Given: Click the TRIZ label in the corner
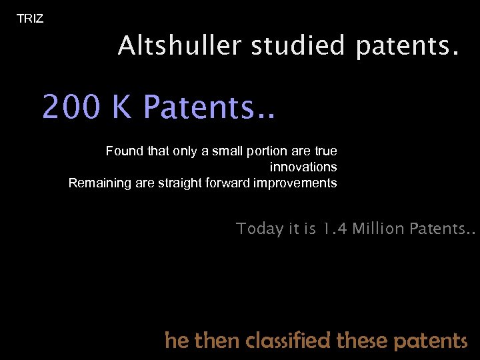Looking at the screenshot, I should (30, 19).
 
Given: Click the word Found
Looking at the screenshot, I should (125, 151).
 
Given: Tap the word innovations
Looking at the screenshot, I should (303, 167).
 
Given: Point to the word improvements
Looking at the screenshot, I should (295, 183).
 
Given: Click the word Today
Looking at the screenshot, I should (260, 229).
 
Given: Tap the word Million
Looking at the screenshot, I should (378, 229).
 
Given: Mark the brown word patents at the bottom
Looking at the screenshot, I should (431, 341).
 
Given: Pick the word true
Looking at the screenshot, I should (325, 151).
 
